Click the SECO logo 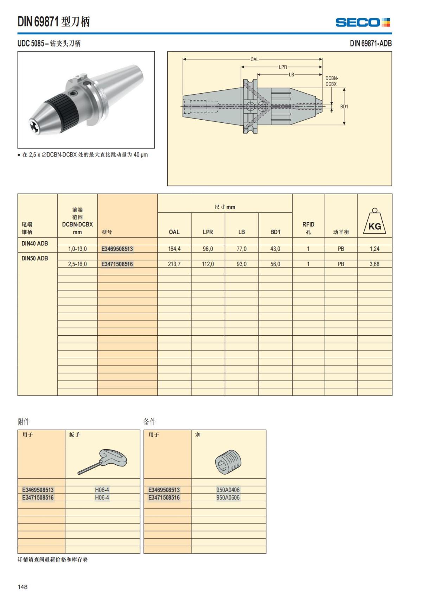tap(363, 23)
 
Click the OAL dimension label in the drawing tap(254, 59)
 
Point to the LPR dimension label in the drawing tap(283, 67)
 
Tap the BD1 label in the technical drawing tap(344, 107)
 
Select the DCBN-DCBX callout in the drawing tap(331, 81)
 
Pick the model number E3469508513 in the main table tap(117, 249)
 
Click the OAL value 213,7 tap(174, 264)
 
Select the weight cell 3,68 tap(374, 264)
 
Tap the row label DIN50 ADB tap(35, 258)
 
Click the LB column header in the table tap(241, 232)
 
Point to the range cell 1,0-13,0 tap(77, 249)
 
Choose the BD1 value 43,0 tap(275, 249)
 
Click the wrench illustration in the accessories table tap(103, 461)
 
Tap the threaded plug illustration tap(228, 462)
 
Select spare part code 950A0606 tap(228, 497)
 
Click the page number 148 tap(23, 587)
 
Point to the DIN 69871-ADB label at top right tap(371, 44)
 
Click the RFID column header tap(308, 228)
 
